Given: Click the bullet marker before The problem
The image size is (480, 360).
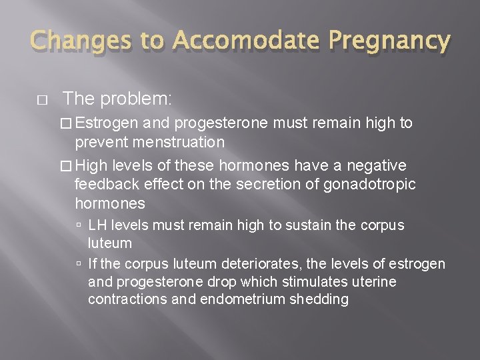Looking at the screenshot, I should click(42, 101).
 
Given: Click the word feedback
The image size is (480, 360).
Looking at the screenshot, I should click(104, 184).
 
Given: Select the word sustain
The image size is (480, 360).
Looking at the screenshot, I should click(307, 226).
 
